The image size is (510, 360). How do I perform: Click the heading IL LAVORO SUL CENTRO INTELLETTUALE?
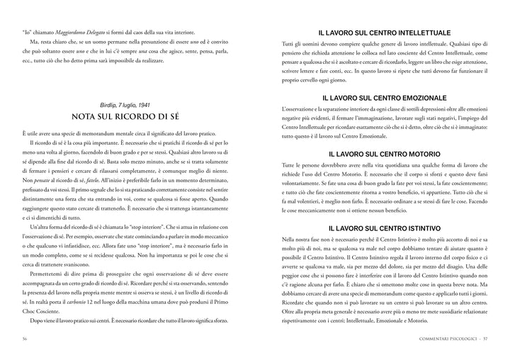click(385, 33)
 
